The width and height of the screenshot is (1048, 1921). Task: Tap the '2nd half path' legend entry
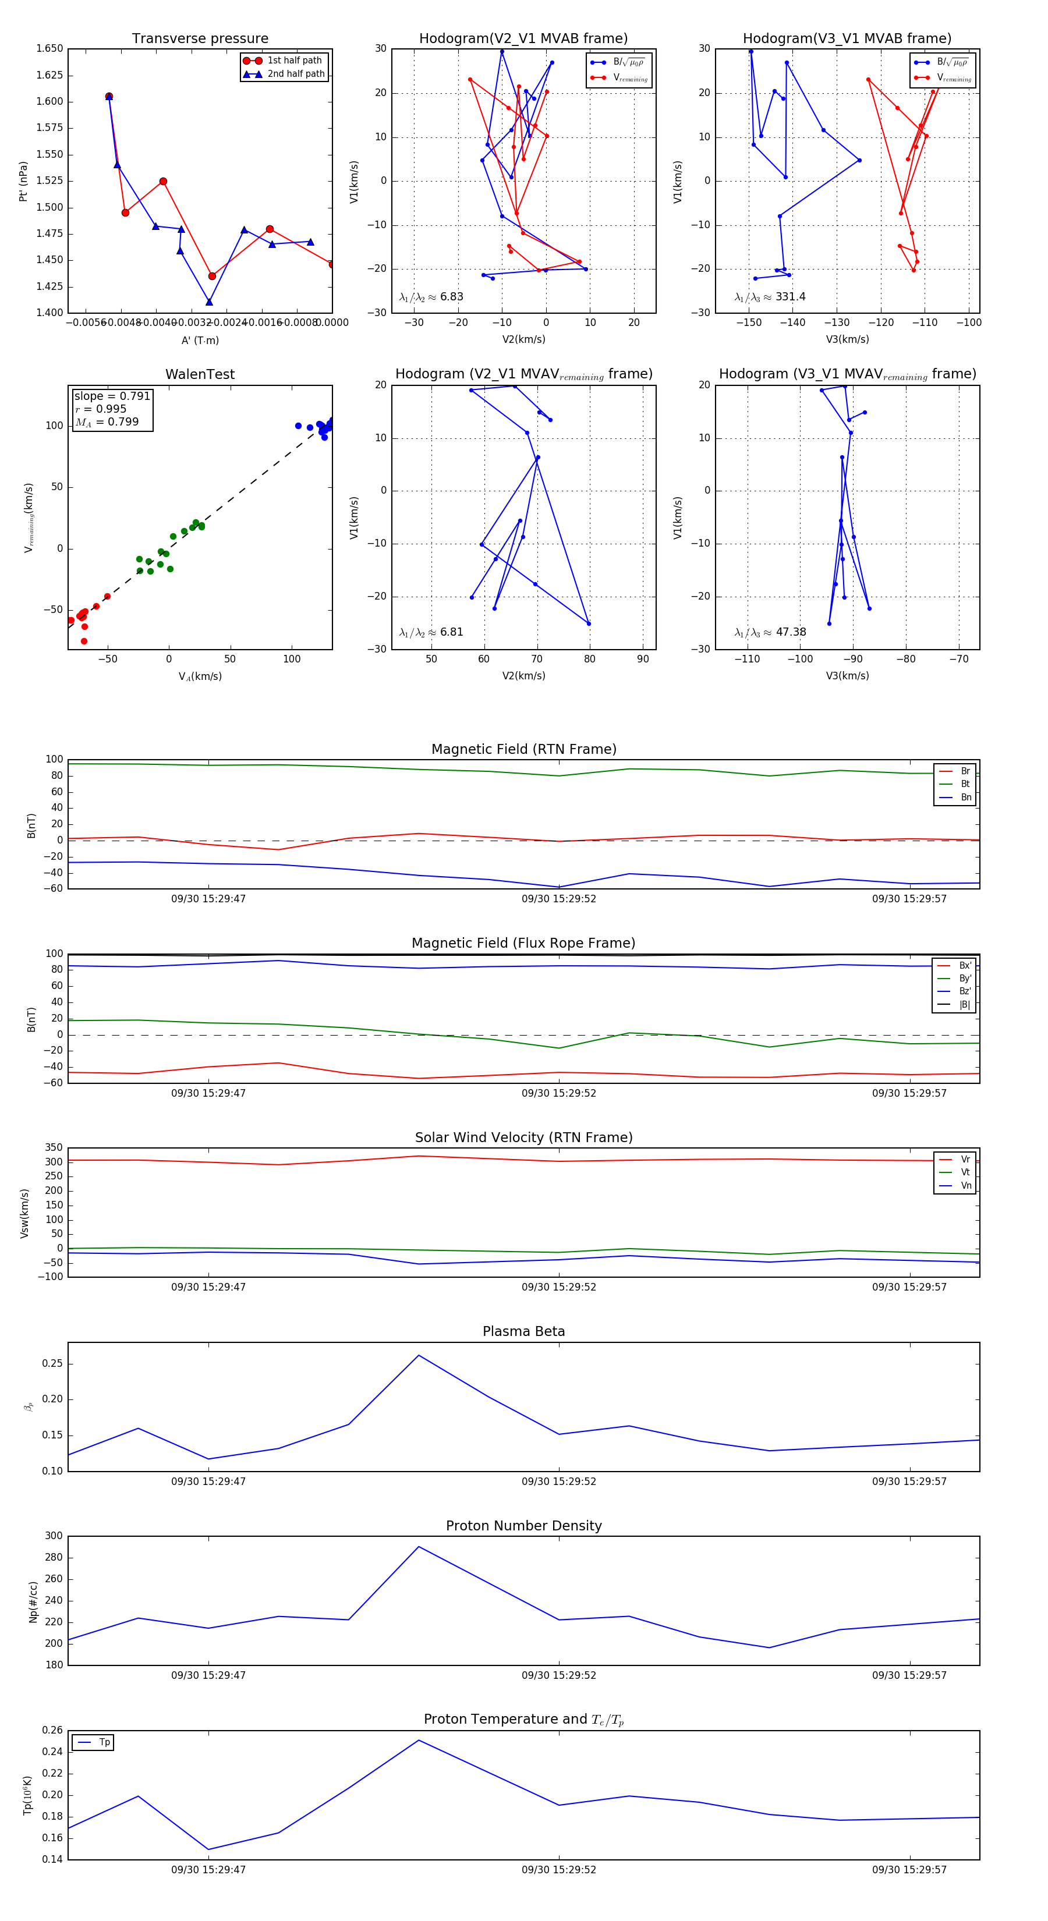click(295, 74)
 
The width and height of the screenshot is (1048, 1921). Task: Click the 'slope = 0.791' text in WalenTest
click(112, 396)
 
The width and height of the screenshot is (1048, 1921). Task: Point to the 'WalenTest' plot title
click(200, 374)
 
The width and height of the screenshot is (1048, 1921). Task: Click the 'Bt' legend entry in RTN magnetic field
click(965, 784)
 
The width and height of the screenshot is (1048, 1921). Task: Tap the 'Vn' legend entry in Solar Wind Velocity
click(965, 1186)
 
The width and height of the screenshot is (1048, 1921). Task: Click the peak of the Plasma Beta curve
click(419, 1355)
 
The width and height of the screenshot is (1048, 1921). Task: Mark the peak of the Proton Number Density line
click(419, 1547)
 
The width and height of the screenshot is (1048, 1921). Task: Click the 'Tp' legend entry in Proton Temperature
click(104, 1742)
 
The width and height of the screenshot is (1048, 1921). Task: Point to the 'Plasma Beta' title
click(523, 1331)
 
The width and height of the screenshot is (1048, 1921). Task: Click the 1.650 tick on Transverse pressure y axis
click(50, 48)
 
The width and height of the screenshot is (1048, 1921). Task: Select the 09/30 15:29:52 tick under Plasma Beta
click(559, 1481)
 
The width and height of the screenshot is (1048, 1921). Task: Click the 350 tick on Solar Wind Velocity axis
click(54, 1148)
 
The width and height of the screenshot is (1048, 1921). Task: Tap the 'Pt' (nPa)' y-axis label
click(23, 181)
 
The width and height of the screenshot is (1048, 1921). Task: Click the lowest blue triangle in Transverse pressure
click(209, 302)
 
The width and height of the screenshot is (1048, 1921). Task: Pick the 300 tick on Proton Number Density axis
click(54, 1536)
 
